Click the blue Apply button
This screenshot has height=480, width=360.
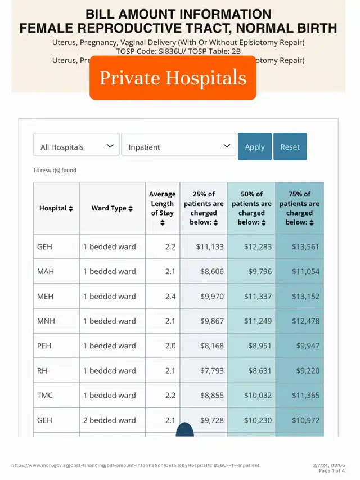255,147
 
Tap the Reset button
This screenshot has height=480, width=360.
290,147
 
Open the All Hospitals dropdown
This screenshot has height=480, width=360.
76,147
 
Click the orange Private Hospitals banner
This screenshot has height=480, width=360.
173,78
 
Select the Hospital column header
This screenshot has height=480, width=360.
56,208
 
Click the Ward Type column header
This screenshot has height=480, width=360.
112,208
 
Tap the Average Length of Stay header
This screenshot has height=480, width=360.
162,208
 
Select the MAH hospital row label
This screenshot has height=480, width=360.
46,271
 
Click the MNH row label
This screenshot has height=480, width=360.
47,321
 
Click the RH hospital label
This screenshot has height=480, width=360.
44,370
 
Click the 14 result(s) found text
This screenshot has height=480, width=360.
55,170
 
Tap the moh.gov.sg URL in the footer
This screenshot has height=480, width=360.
136,465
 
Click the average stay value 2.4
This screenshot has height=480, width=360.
170,296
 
